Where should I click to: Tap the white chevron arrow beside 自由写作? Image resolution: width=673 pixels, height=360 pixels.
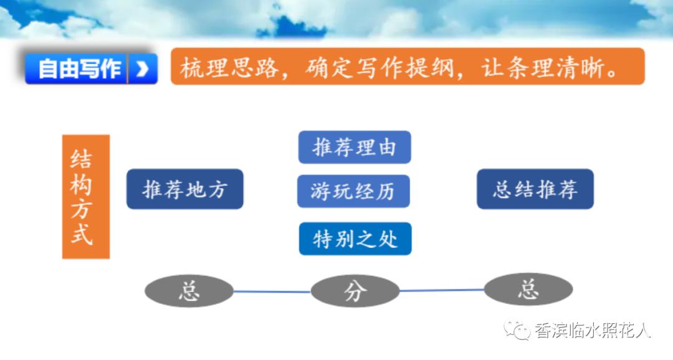coord(142,69)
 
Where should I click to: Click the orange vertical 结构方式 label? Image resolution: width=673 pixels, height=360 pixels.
coord(86,196)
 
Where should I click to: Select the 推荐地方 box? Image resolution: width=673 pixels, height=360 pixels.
coord(184,189)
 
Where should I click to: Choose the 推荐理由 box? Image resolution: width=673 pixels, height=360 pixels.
coord(355,148)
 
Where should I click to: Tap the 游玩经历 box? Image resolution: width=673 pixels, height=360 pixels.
coord(353,191)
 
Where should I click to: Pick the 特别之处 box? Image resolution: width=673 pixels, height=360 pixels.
coord(355,239)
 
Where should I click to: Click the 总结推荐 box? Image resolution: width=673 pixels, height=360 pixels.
coord(535,189)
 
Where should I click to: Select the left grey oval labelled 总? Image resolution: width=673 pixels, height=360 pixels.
coord(189,291)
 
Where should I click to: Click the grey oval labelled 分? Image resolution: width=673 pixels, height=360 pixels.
coord(355,291)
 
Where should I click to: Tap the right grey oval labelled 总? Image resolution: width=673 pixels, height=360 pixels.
coord(528,290)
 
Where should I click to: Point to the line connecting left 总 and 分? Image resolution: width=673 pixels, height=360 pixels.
coord(272,291)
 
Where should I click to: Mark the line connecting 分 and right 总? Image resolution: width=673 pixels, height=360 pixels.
coord(441,290)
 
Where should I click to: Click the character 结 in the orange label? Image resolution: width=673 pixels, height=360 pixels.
coord(82,160)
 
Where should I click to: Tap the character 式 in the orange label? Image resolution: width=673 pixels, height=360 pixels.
coord(82,236)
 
